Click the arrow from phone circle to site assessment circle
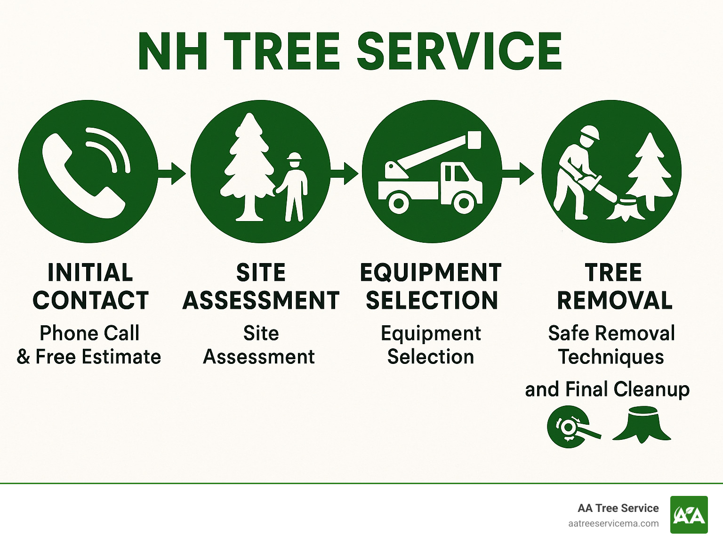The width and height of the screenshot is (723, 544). point(172,173)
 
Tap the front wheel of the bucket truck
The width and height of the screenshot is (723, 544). point(464,203)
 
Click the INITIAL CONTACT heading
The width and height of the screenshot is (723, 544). point(90,286)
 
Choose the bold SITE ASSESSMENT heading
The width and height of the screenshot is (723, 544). point(261,286)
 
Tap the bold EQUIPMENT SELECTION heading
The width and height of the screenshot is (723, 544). point(431,286)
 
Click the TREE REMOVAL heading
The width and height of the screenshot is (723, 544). point(614,286)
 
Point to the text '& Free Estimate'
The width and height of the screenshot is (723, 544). point(89,356)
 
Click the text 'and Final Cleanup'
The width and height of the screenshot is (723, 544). point(607,389)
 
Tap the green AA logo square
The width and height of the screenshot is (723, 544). point(689,515)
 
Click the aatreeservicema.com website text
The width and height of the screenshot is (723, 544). point(613,523)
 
